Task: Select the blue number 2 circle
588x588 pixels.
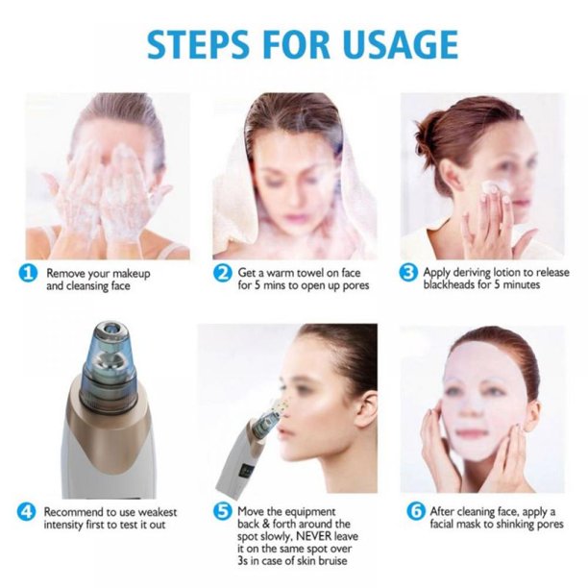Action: tap(222, 274)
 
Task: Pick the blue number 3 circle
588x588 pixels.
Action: tap(408, 273)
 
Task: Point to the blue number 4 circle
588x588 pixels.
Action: tap(27, 511)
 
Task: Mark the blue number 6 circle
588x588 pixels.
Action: tap(416, 511)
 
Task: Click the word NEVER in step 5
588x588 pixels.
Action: tap(313, 535)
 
